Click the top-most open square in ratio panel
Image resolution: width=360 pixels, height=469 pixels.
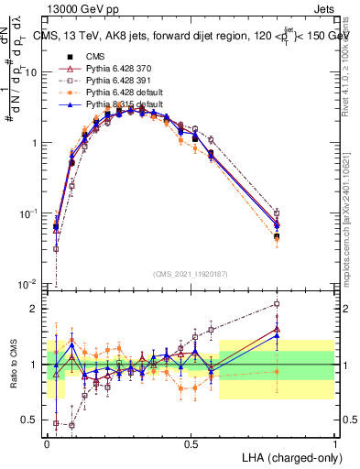tap(277, 303)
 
